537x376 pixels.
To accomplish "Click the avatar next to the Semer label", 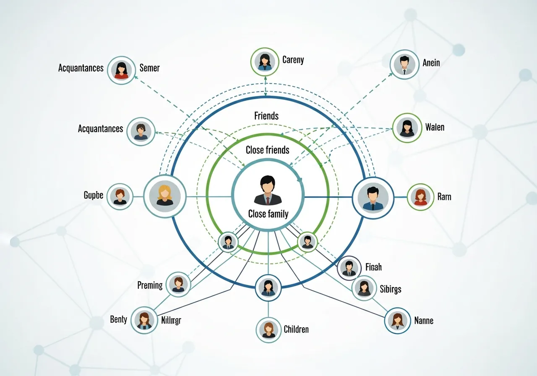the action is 121,70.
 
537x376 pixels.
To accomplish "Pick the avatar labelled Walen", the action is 407,127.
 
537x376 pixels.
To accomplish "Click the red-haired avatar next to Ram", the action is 420,197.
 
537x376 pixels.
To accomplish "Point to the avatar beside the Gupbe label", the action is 120,196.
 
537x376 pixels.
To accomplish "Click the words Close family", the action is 268,214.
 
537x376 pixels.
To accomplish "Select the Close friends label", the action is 268,150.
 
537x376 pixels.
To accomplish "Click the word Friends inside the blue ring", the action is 266,116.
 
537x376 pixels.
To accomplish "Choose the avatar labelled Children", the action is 268,329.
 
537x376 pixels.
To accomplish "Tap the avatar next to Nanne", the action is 397,320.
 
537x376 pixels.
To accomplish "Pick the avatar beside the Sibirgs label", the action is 364,288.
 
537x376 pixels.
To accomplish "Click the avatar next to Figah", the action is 349,268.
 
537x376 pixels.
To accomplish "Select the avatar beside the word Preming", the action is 178,284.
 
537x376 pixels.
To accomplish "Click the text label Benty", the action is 119,320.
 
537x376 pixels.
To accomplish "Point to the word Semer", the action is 149,68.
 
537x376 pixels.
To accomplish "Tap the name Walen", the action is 435,128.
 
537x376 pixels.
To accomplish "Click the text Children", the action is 296,329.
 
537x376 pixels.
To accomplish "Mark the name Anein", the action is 431,63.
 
